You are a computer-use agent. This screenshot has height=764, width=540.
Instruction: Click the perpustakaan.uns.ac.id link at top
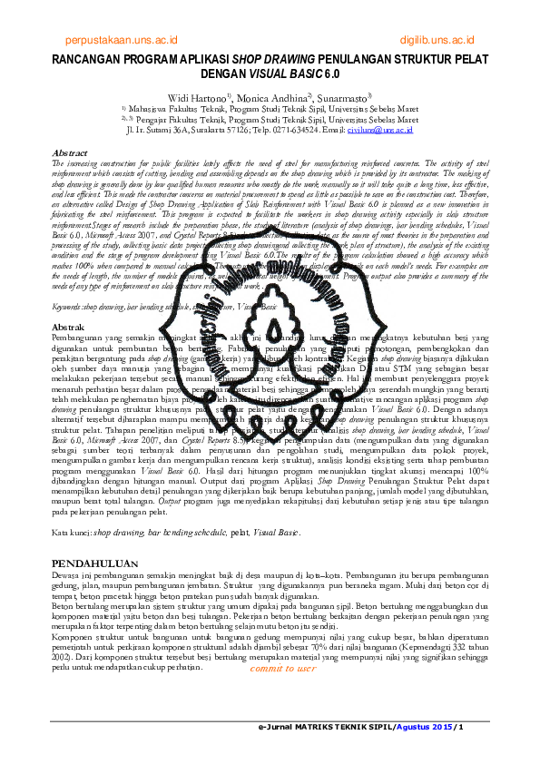(x=122, y=41)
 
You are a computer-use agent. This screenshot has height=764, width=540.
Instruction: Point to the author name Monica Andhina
(x=272, y=96)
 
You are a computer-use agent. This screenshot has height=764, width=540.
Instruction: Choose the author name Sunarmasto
(x=343, y=96)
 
